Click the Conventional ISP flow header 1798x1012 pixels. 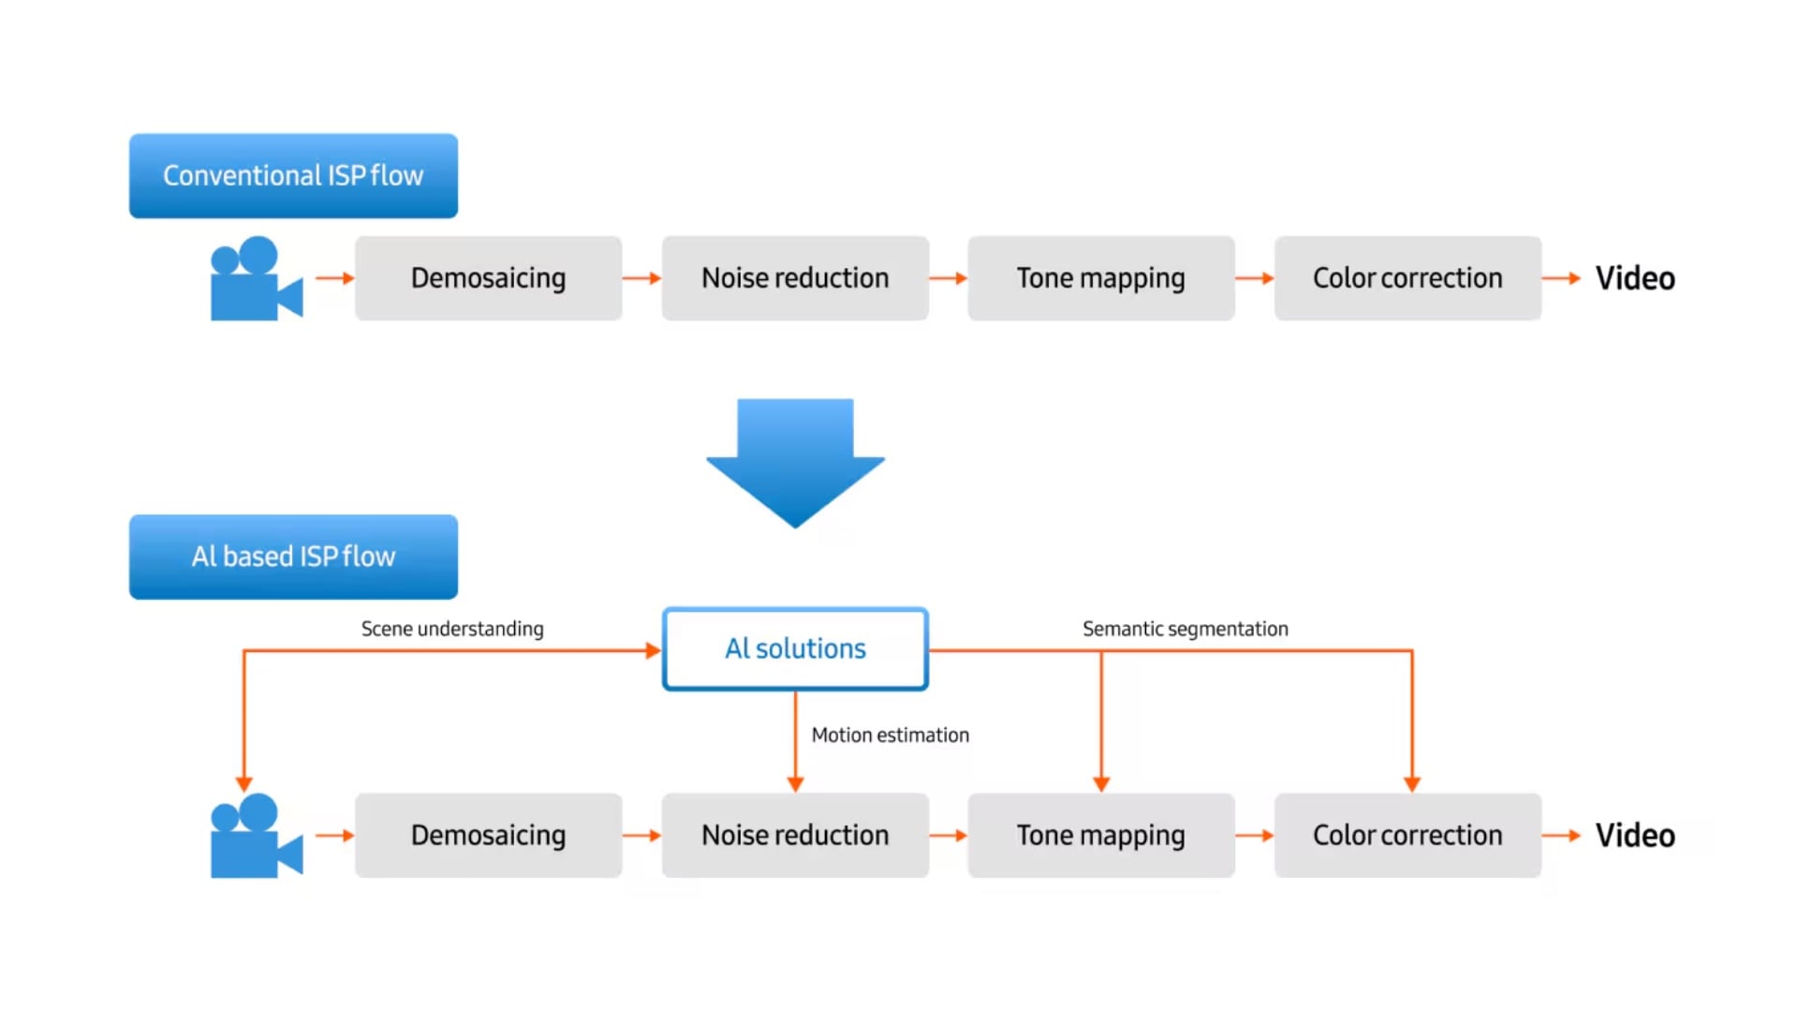pos(293,176)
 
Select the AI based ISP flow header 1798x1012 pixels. pos(293,557)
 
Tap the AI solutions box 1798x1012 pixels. pos(795,648)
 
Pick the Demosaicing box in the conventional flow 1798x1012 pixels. pos(488,278)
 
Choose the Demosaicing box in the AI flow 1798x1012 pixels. pos(488,835)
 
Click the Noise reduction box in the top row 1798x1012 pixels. pos(795,278)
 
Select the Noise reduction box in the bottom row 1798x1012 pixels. pos(795,835)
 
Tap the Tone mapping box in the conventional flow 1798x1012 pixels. pos(1100,278)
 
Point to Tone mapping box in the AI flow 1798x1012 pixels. pos(1100,835)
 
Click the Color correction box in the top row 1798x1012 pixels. pos(1407,278)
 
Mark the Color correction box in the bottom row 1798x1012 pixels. pos(1407,835)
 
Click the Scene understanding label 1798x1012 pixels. pos(452,629)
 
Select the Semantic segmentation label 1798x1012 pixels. pos(1185,629)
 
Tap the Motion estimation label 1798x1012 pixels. pos(890,736)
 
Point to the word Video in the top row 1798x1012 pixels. pos(1635,278)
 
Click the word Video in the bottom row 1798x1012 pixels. pos(1635,835)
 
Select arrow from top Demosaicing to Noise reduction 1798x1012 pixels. pos(641,278)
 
